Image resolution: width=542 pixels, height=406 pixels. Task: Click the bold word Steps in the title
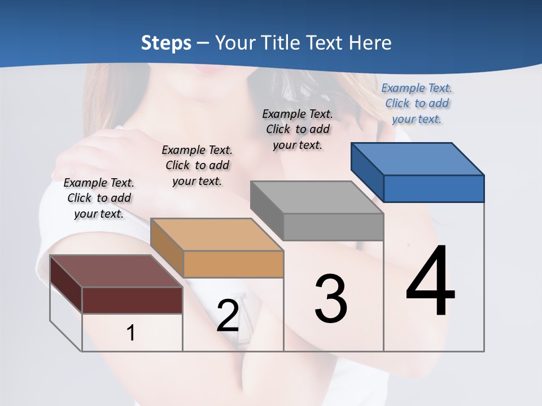(x=166, y=43)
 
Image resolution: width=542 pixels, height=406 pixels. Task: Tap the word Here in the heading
(x=370, y=43)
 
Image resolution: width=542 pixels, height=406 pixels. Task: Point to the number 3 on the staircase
(x=331, y=299)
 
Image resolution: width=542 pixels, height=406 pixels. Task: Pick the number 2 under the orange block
(x=228, y=316)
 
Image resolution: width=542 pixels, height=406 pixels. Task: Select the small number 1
(x=131, y=333)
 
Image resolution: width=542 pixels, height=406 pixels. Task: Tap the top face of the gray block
(x=316, y=197)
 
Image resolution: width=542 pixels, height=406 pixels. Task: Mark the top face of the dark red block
(x=116, y=271)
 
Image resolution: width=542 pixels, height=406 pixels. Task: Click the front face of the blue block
(x=434, y=188)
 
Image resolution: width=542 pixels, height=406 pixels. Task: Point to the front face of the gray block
(x=333, y=227)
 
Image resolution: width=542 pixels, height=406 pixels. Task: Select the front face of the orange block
(x=233, y=264)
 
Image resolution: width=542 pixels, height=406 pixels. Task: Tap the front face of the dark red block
(x=132, y=300)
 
